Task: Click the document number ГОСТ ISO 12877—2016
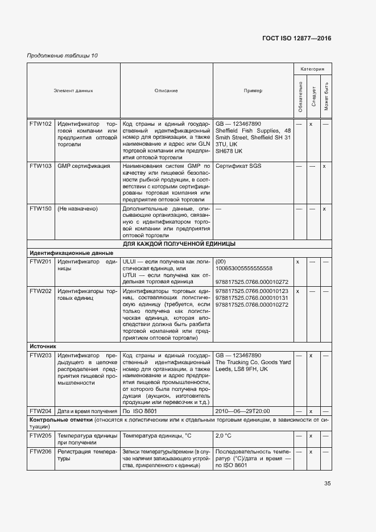(x=296, y=38)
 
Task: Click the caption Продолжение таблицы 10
(x=63, y=56)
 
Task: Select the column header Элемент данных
(x=73, y=90)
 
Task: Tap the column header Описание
(x=166, y=90)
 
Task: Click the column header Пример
(x=253, y=90)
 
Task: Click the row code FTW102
(x=40, y=123)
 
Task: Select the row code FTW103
(x=40, y=166)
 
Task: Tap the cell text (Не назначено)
(x=77, y=209)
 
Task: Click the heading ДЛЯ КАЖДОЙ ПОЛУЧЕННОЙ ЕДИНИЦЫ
(x=179, y=244)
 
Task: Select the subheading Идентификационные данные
(x=72, y=253)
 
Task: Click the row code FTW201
(x=40, y=261)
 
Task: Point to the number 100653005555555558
(x=244, y=268)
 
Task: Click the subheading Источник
(x=43, y=345)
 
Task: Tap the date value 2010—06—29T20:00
(x=242, y=411)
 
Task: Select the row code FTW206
(x=40, y=451)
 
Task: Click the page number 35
(x=327, y=484)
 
